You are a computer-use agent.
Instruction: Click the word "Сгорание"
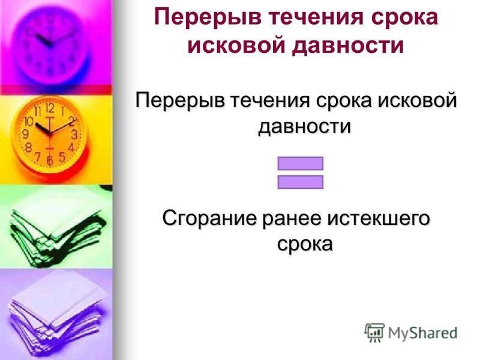coord(209,218)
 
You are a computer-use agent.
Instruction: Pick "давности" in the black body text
coord(304,125)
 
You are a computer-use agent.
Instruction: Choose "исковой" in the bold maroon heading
coord(236,46)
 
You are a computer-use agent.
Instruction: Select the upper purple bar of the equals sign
coord(301,163)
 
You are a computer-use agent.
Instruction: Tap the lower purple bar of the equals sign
coord(301,182)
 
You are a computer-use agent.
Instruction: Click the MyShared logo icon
coord(374,333)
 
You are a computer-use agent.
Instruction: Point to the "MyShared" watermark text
coord(422,334)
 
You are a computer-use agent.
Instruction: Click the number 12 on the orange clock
coord(50,109)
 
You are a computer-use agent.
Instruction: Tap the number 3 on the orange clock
coord(74,134)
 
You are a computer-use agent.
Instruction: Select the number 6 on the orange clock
coord(50,160)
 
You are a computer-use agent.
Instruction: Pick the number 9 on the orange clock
coord(26,134)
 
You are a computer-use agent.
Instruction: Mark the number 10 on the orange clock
coord(29,122)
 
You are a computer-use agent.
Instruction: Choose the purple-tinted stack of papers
coord(56,319)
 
